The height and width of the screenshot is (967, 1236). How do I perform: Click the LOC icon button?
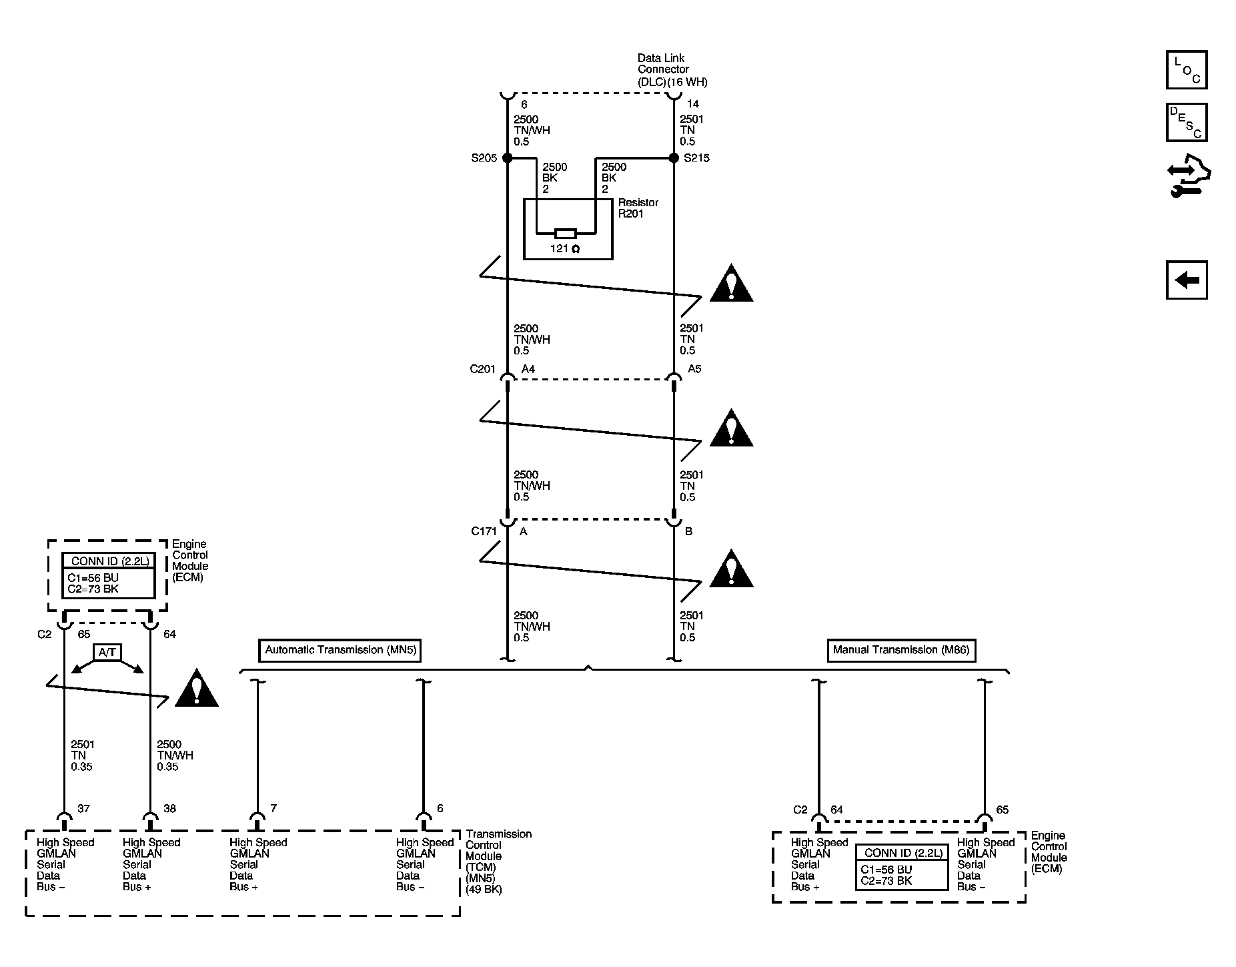click(1187, 69)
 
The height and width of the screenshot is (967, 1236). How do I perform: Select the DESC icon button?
click(1187, 122)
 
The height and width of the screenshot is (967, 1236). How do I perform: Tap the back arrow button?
click(1187, 280)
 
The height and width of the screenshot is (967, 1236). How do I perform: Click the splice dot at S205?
click(507, 158)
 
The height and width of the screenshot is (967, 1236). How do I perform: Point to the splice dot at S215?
click(674, 158)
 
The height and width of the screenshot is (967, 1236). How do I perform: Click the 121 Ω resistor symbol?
click(566, 234)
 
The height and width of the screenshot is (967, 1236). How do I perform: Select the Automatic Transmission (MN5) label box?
click(340, 650)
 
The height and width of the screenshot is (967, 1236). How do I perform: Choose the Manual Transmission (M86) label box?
click(901, 650)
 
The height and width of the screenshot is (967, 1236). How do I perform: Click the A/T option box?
click(107, 652)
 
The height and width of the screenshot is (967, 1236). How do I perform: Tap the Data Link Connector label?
click(672, 70)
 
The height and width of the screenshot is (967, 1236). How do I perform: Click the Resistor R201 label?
click(638, 208)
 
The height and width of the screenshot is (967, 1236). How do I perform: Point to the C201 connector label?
click(483, 369)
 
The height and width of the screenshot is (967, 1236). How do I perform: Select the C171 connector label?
click(484, 532)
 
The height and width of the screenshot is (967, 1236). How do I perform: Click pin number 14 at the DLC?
click(693, 105)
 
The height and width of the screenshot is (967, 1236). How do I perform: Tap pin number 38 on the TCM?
click(169, 809)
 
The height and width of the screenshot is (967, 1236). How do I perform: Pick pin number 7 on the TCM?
click(273, 809)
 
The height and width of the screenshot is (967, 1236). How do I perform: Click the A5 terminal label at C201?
click(694, 369)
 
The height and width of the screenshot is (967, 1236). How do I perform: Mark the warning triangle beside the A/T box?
click(196, 688)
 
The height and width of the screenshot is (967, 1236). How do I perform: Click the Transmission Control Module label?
click(499, 862)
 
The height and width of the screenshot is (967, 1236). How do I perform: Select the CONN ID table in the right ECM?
click(902, 867)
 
